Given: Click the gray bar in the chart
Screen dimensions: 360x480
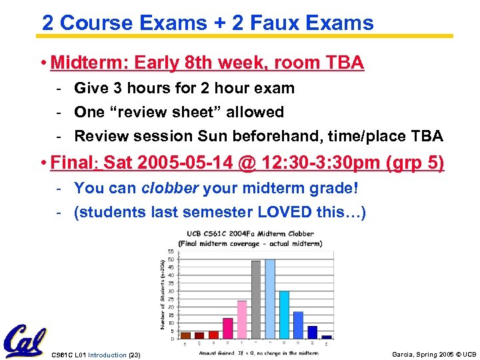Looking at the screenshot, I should point(256,299).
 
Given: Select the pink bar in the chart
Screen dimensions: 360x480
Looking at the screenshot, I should point(241,319).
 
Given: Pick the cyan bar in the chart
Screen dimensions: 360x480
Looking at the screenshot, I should point(284,315).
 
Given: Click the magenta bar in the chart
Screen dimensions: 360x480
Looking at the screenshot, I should point(227,328).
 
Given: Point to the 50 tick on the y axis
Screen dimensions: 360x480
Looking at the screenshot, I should point(171,259).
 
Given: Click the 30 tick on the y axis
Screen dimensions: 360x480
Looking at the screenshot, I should point(171,291).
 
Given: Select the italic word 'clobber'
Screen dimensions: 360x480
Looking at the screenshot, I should point(170,188).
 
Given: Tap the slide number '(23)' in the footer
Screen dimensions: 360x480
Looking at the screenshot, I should point(133,355).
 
